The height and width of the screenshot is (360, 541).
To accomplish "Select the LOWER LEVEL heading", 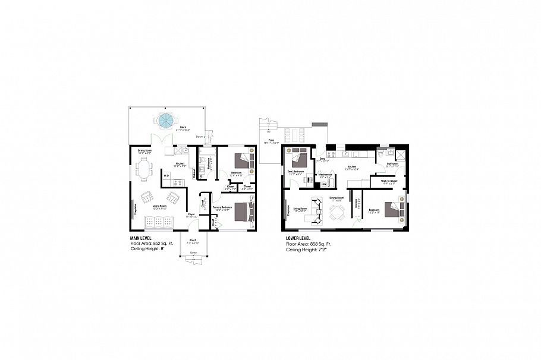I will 298,239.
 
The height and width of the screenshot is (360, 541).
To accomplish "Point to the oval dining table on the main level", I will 145,170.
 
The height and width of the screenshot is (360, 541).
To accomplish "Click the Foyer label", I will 191,214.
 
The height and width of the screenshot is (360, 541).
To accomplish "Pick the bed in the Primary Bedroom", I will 243,211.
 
